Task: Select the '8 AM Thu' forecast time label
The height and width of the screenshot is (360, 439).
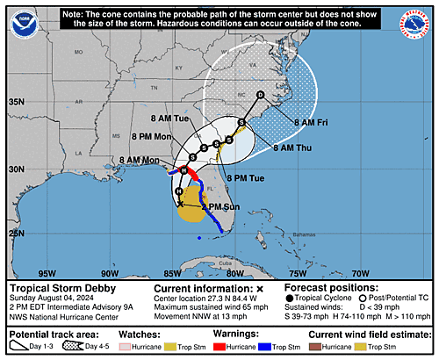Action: pos(291,148)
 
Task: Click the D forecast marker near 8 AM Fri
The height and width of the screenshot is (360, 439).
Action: pos(260,94)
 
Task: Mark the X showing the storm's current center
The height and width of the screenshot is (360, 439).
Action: pos(180,204)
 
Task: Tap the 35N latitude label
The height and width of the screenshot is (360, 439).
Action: pos(17,102)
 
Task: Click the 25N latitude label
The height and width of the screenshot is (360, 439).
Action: pos(17,234)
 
